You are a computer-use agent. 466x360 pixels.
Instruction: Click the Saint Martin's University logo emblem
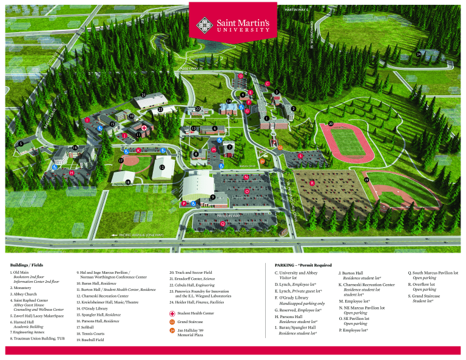tap(207, 24)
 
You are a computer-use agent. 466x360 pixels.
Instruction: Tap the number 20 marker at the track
tap(330, 124)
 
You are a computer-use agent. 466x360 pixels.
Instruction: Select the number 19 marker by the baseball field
tap(366, 180)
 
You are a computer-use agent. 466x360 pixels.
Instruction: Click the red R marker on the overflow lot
tap(312, 183)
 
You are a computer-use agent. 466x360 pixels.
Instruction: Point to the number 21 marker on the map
tap(143, 95)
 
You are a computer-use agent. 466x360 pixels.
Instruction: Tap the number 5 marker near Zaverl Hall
tap(21, 144)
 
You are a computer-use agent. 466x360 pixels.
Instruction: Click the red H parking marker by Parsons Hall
tap(72, 173)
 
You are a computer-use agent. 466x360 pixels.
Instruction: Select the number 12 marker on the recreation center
tap(162, 166)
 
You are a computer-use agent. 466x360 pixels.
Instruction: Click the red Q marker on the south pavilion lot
tap(223, 224)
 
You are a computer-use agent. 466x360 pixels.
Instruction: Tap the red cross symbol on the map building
tap(144, 127)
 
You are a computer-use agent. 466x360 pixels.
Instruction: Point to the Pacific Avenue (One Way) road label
tap(137, 234)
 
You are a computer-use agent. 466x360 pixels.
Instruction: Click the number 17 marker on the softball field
tap(121, 160)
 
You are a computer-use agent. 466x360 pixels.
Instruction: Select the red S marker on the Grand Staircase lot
tap(300, 156)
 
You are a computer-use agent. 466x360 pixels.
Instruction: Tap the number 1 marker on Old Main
tap(266, 118)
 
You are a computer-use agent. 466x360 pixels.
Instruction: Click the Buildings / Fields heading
tap(27, 265)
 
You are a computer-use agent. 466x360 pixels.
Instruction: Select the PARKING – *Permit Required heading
tap(303, 265)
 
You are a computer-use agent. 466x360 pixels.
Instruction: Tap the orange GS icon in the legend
tap(172, 321)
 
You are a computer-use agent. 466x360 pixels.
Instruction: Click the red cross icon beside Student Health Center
tap(172, 313)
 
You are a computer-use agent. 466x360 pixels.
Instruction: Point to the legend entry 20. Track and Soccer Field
tap(191, 273)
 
